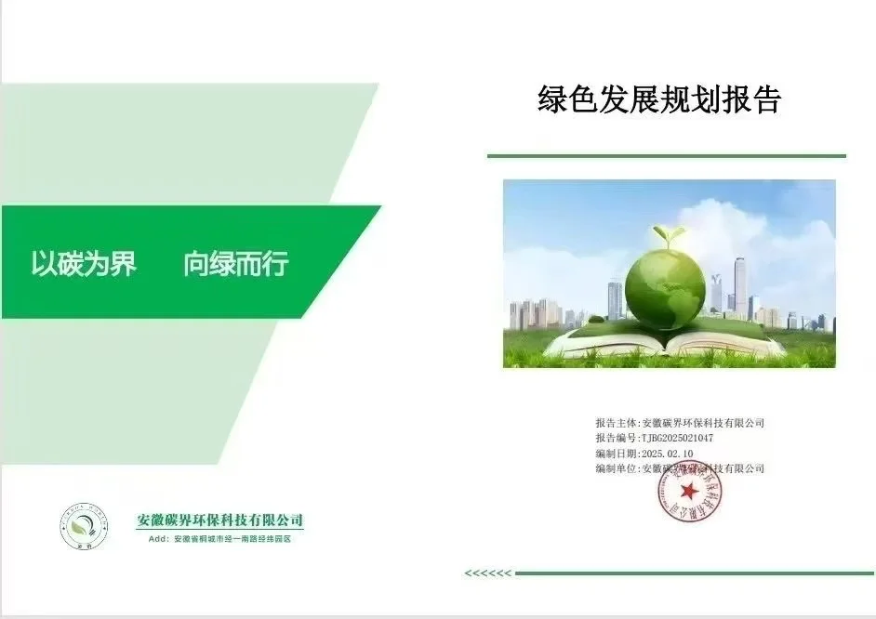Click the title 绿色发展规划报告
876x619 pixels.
coord(659,99)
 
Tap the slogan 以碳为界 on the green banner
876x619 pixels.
coord(84,264)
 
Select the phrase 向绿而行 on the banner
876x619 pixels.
coord(235,264)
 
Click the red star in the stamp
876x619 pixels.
coord(689,491)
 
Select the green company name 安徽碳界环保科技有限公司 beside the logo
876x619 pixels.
coord(219,520)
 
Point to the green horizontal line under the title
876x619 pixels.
coord(666,156)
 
